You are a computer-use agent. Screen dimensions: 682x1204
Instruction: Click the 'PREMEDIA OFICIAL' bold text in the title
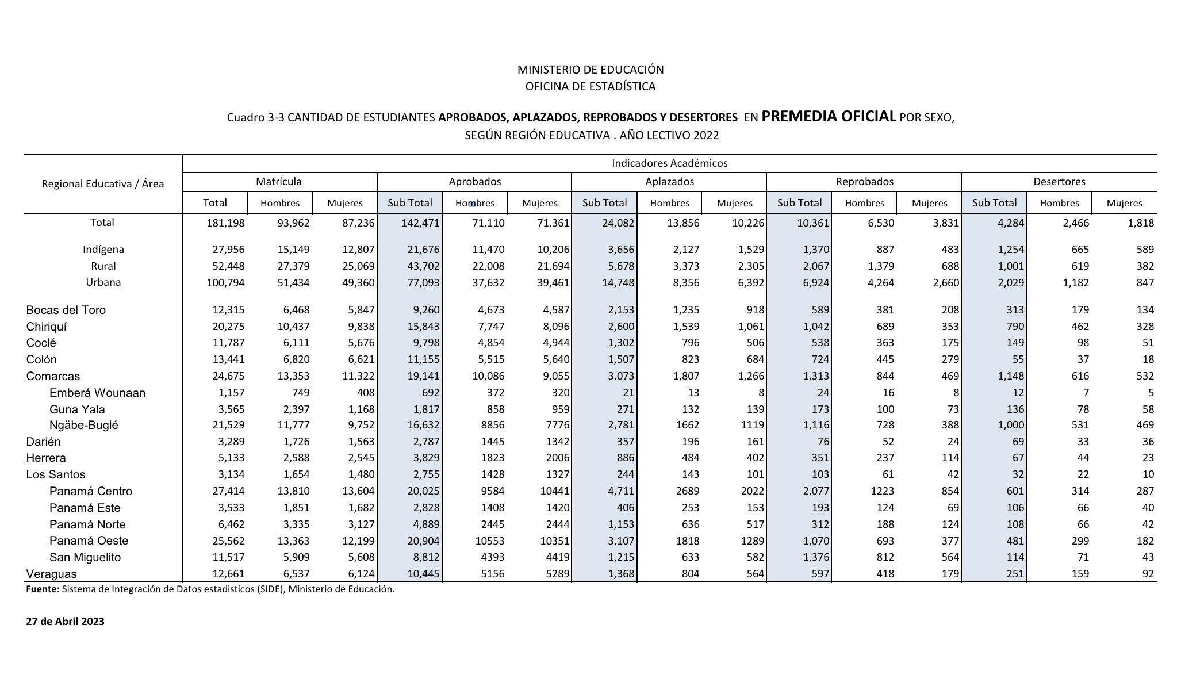(829, 116)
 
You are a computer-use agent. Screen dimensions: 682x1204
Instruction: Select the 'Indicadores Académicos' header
(669, 163)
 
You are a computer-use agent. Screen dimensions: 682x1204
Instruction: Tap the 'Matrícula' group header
(279, 182)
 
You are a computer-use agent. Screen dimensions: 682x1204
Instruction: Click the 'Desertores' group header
(1059, 182)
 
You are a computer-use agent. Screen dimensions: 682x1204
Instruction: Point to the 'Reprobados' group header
(864, 182)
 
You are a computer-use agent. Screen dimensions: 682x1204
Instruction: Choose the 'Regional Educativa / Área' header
(103, 184)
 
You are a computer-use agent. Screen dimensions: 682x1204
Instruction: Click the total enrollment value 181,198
(225, 223)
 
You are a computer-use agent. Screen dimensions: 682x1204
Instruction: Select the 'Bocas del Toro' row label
(66, 310)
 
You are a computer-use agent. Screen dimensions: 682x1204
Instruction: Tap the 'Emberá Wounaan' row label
(97, 393)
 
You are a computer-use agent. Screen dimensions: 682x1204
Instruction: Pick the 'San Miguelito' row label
(85, 557)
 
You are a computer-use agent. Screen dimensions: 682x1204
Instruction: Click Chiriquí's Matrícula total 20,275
(228, 327)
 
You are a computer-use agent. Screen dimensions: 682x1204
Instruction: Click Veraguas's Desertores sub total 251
(1015, 573)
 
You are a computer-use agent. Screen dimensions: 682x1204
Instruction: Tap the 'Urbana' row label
(103, 282)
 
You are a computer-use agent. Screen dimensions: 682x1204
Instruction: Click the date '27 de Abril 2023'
(66, 621)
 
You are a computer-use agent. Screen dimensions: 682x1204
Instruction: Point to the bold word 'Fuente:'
(43, 589)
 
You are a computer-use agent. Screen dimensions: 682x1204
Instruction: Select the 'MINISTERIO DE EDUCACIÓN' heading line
(591, 70)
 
